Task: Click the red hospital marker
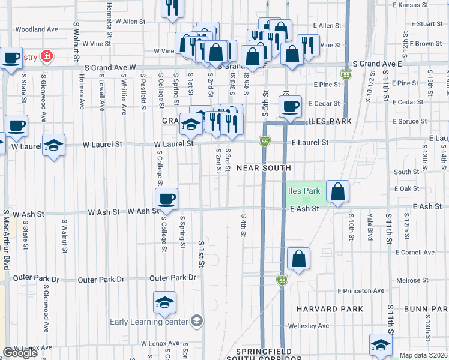(47, 57)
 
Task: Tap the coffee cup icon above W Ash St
(166, 198)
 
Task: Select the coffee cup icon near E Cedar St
(290, 107)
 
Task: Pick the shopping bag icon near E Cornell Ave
(298, 259)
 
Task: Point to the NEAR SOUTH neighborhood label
(264, 168)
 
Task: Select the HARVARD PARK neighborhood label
(330, 309)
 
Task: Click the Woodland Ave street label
(37, 29)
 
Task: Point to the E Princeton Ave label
(360, 291)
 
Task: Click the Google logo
(20, 353)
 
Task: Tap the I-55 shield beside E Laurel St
(264, 140)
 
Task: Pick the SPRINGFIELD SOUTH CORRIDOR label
(264, 354)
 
